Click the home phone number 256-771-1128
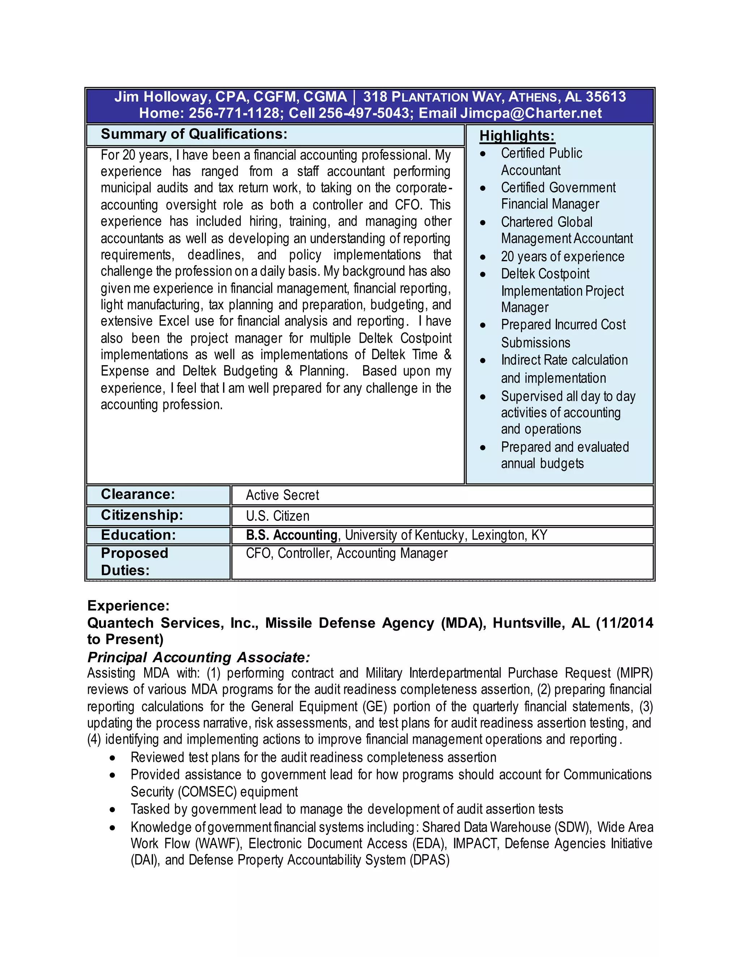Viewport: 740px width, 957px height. [234, 113]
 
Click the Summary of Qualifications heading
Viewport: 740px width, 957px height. [194, 134]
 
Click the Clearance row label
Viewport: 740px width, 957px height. [138, 494]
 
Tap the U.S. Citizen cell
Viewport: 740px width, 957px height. [277, 516]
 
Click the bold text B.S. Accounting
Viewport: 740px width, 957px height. [292, 535]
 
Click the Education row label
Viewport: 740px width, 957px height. [138, 535]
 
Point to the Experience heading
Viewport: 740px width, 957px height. [128, 606]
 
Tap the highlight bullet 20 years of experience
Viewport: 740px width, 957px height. [563, 256]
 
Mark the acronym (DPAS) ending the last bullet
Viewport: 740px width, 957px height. [430, 860]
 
